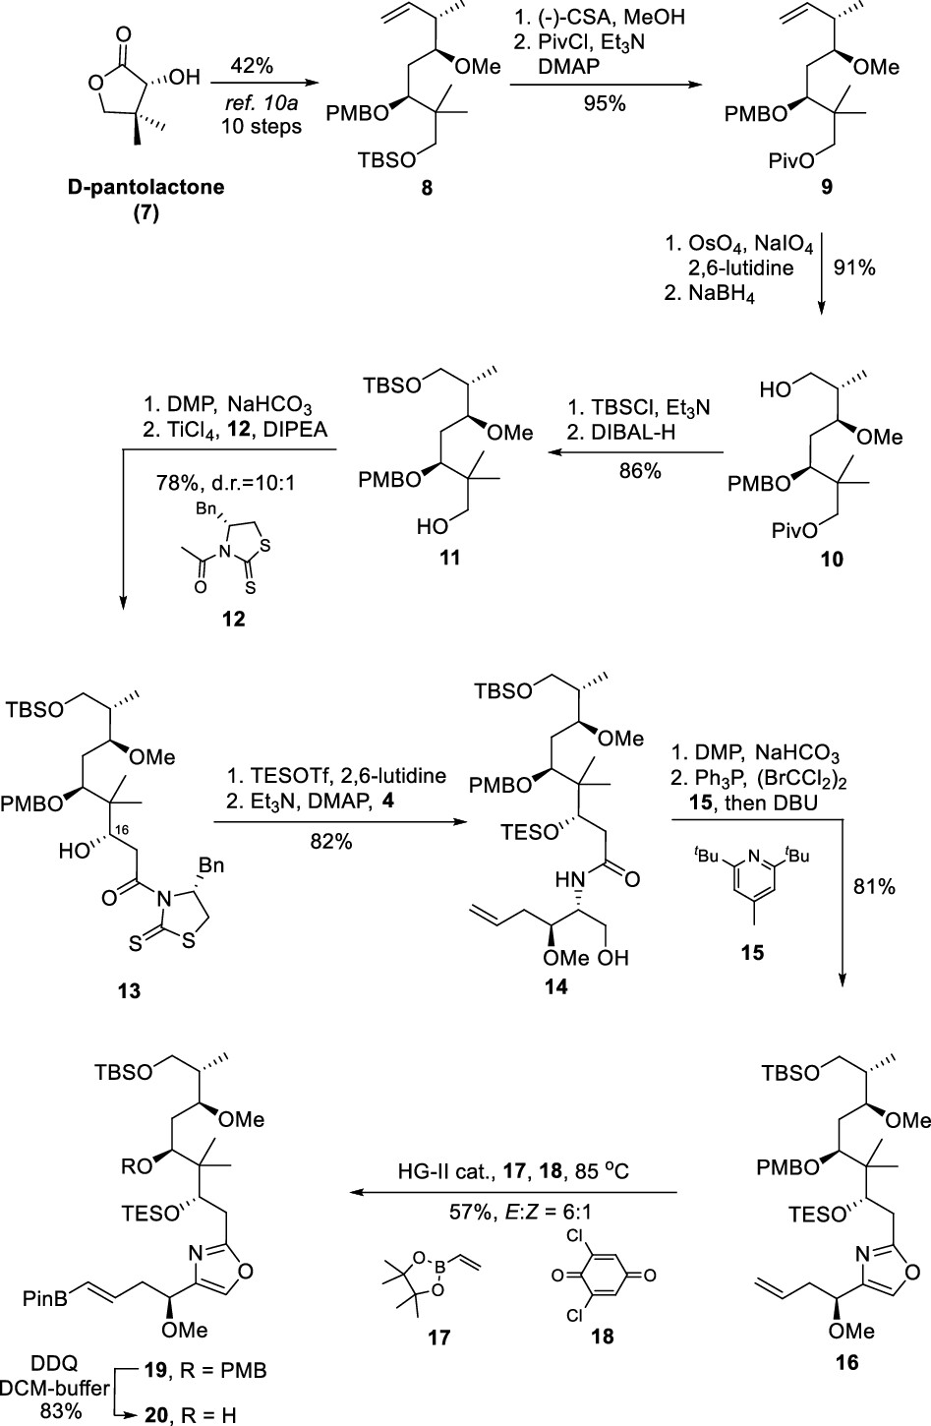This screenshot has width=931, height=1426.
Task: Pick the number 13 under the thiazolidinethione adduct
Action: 129,990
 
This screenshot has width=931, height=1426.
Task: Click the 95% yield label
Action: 603,103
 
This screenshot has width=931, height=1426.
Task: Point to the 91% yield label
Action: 853,267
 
